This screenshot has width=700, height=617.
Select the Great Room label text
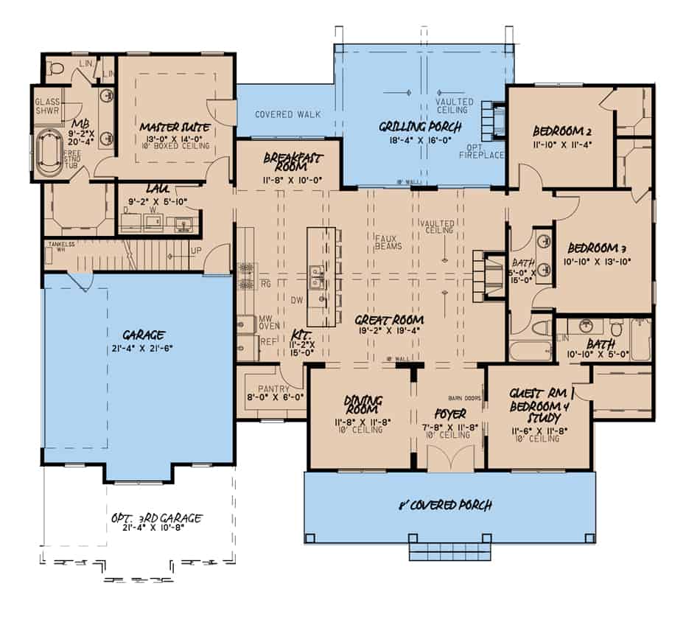pyautogui.click(x=389, y=320)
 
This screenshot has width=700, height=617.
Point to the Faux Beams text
pyautogui.click(x=388, y=241)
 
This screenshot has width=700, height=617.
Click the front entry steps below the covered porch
pyautogui.click(x=448, y=552)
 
